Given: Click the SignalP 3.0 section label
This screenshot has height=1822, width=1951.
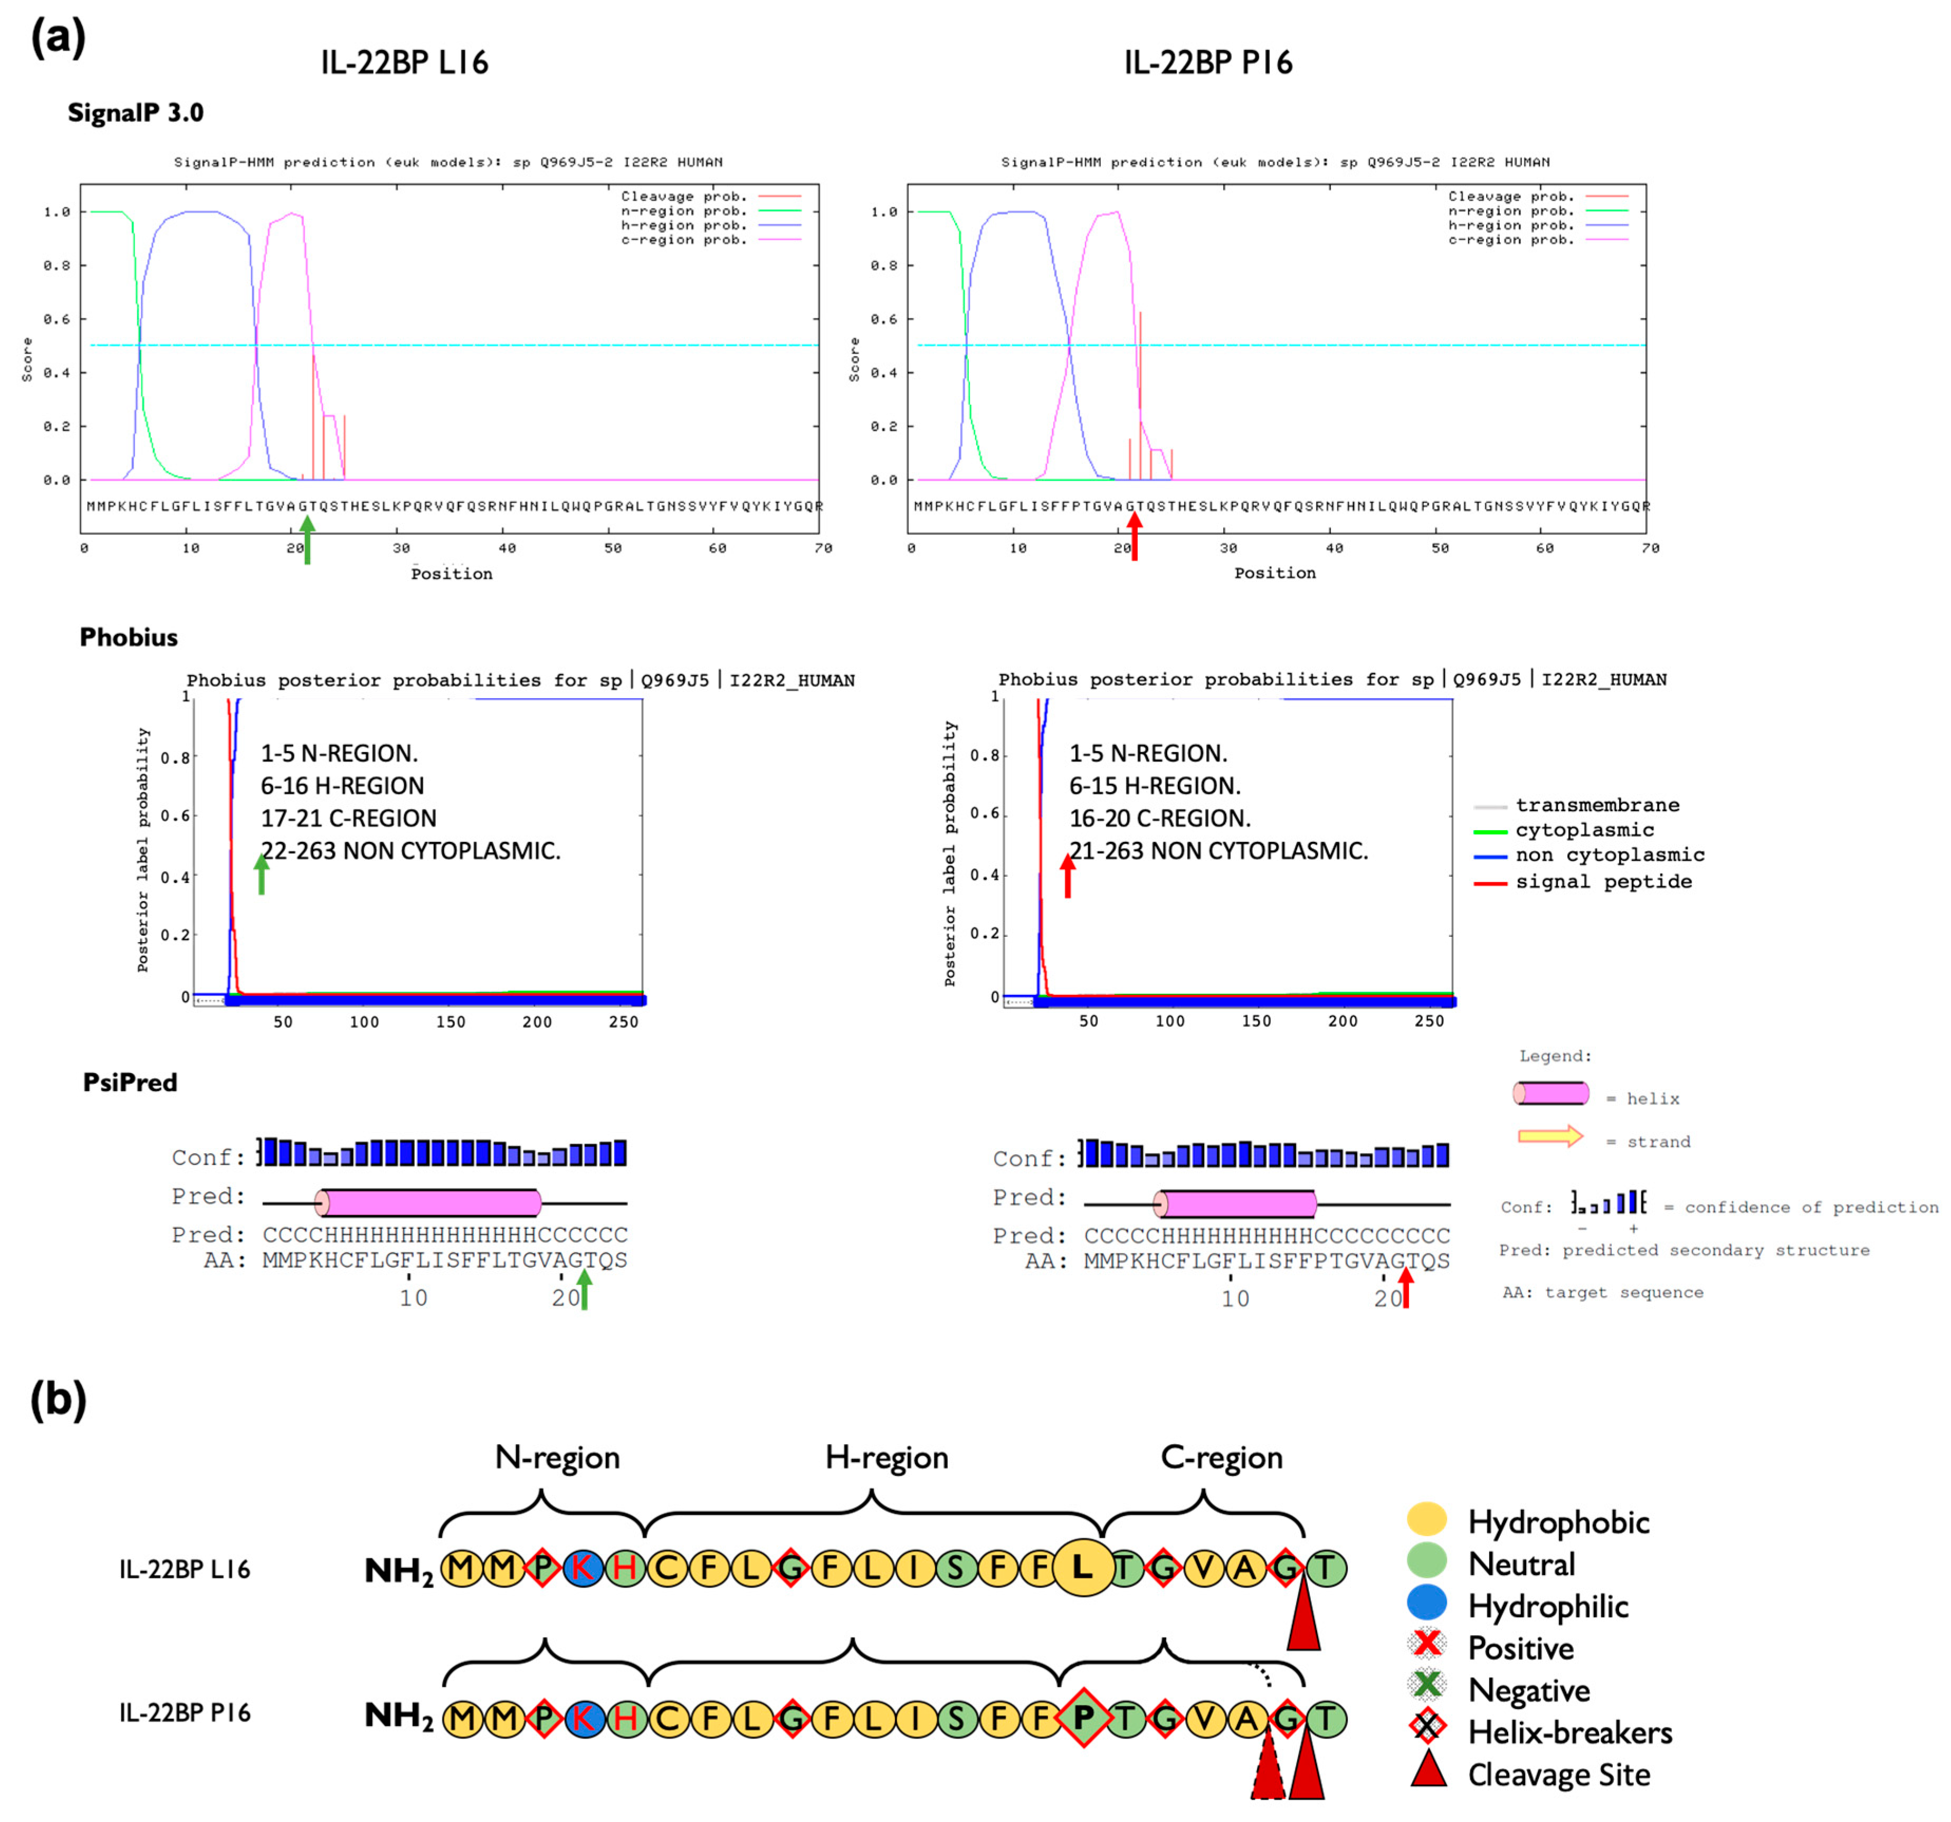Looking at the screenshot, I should tap(136, 113).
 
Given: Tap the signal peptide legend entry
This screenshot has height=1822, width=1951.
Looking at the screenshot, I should tap(1603, 881).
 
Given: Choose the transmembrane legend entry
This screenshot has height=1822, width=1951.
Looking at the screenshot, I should tap(1597, 805).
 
